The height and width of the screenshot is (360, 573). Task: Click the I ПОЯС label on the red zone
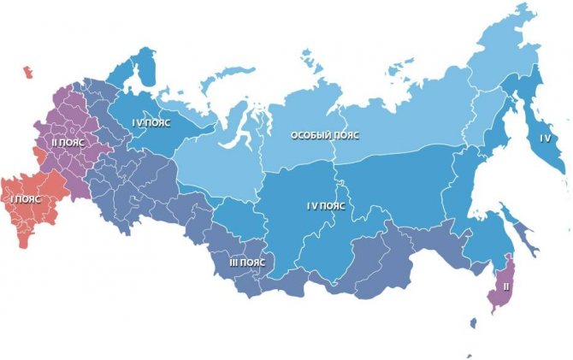[26, 198]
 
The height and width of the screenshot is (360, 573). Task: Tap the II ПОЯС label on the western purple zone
[65, 143]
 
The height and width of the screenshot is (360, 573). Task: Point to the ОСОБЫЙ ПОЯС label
[324, 136]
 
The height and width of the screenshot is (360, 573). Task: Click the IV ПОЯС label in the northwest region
[151, 122]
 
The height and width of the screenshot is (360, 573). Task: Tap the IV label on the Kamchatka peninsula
[546, 138]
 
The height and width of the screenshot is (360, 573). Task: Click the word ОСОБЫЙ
[310, 136]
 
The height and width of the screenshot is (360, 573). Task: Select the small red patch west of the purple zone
[37, 154]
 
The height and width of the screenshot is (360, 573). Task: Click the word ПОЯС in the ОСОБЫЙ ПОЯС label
[346, 136]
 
